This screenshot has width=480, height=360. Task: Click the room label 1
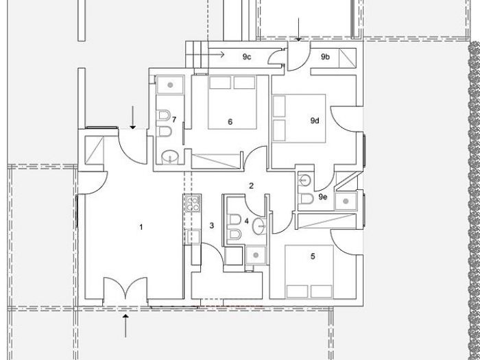(141, 226)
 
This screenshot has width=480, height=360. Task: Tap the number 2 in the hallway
(252, 186)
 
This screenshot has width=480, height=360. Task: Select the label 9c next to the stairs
(247, 57)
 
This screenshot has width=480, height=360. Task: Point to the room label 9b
(326, 57)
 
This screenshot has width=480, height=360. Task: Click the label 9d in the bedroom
(315, 121)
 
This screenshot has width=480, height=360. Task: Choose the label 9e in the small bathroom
(323, 197)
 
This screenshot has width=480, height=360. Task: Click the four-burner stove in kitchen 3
(191, 203)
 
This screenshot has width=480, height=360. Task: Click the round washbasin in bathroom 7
(169, 158)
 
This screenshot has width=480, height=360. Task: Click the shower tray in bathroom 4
(256, 254)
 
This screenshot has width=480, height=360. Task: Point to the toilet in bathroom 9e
(306, 198)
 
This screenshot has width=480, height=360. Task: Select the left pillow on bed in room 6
(219, 83)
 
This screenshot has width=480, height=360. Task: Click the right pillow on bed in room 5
(320, 288)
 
